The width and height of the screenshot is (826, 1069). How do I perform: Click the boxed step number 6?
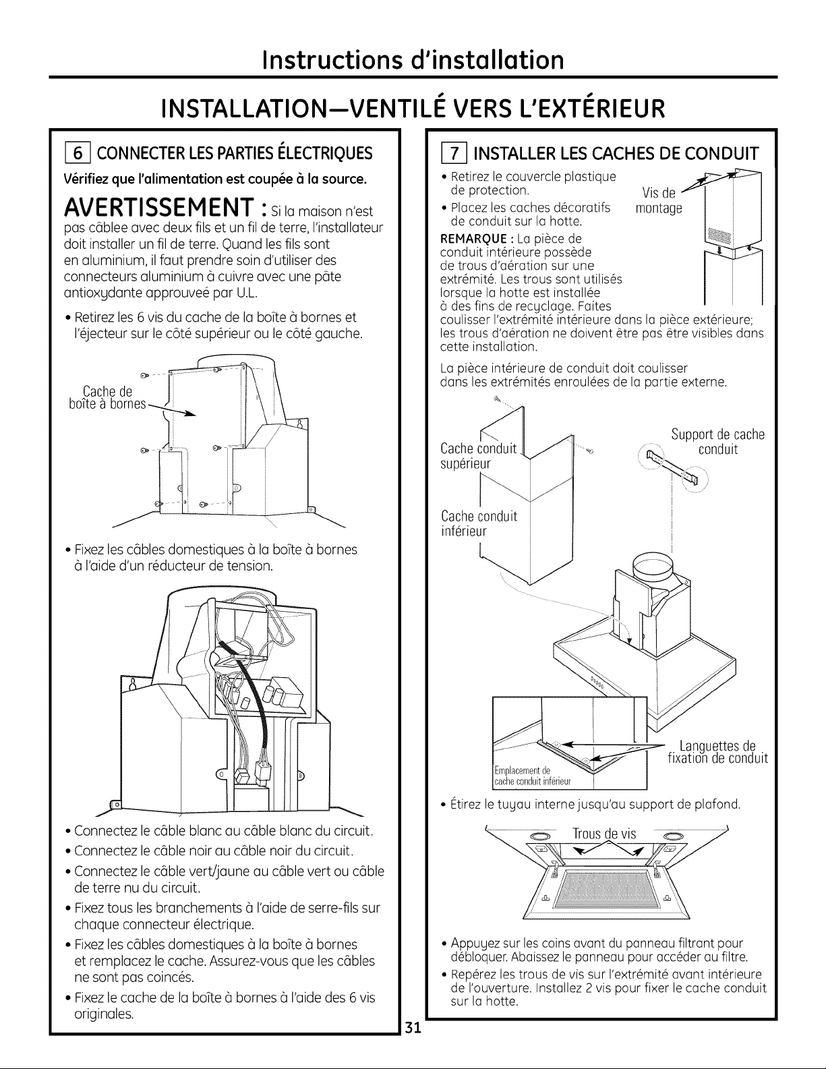point(73,154)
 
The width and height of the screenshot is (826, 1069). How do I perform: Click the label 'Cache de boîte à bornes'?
point(107,398)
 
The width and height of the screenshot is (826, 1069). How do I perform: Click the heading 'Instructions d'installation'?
point(413,59)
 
